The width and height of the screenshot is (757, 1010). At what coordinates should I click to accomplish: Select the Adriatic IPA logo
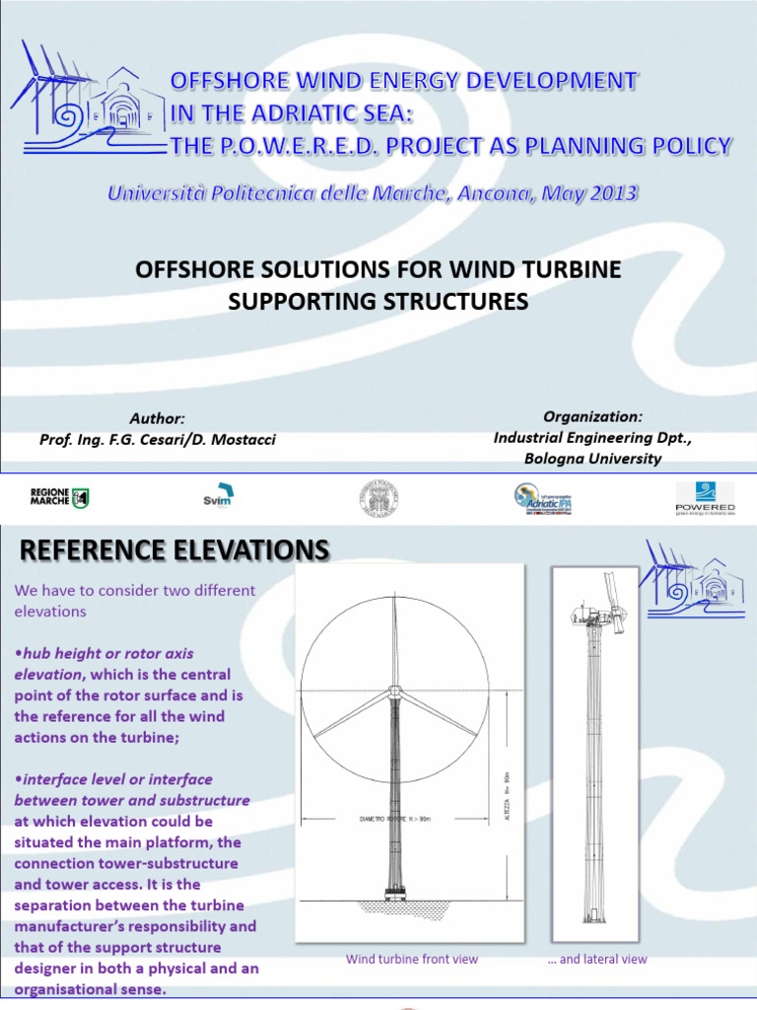543,498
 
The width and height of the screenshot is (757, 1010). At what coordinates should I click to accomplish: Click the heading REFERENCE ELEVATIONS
170,550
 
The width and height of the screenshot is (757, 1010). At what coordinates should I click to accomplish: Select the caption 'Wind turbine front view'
412,959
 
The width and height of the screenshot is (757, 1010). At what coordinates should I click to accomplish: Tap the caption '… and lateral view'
597,959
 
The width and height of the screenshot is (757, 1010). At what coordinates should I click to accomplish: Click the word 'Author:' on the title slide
157,419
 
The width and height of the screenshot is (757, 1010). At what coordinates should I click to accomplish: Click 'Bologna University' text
592,458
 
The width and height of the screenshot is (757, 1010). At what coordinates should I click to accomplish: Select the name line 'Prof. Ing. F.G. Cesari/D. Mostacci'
158,439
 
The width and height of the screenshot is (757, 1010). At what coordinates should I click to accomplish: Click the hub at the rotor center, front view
394,690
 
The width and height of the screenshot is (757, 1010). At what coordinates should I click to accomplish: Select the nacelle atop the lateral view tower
597,617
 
